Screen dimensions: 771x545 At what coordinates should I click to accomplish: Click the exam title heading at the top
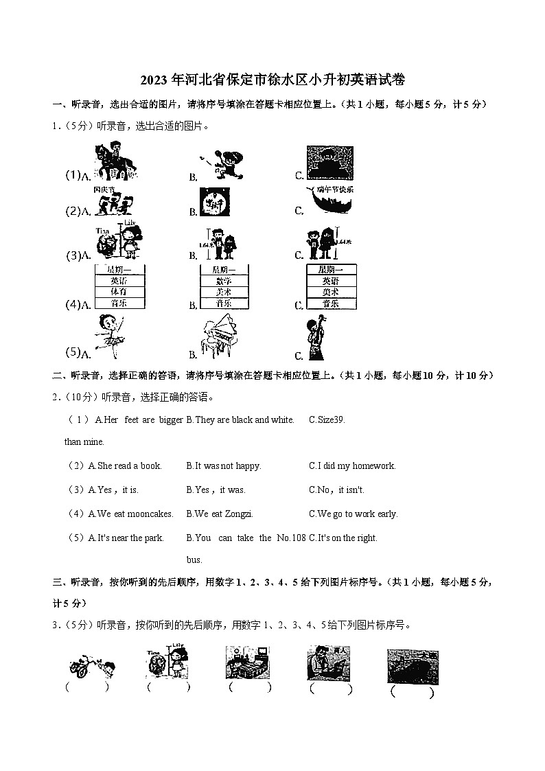272,80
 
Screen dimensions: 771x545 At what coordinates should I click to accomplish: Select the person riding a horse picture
113,161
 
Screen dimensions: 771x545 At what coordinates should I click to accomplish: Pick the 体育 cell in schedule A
119,292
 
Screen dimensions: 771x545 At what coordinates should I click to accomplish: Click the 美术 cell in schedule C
331,292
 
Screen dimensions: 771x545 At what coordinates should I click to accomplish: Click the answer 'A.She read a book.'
125,465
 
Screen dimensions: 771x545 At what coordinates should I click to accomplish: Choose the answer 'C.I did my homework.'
352,465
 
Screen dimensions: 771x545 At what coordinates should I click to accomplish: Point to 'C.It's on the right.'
343,538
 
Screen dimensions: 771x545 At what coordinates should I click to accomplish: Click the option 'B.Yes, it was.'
216,490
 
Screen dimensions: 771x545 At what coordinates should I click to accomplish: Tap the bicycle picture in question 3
91,665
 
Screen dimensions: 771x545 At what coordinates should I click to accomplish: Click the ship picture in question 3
413,666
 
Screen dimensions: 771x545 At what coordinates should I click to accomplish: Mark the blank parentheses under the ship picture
412,693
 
